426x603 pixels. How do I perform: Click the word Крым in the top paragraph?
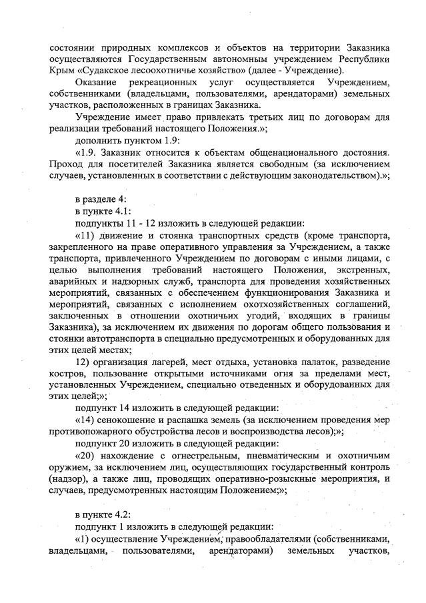click(x=62, y=70)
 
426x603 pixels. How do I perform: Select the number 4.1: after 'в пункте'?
click(x=124, y=211)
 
